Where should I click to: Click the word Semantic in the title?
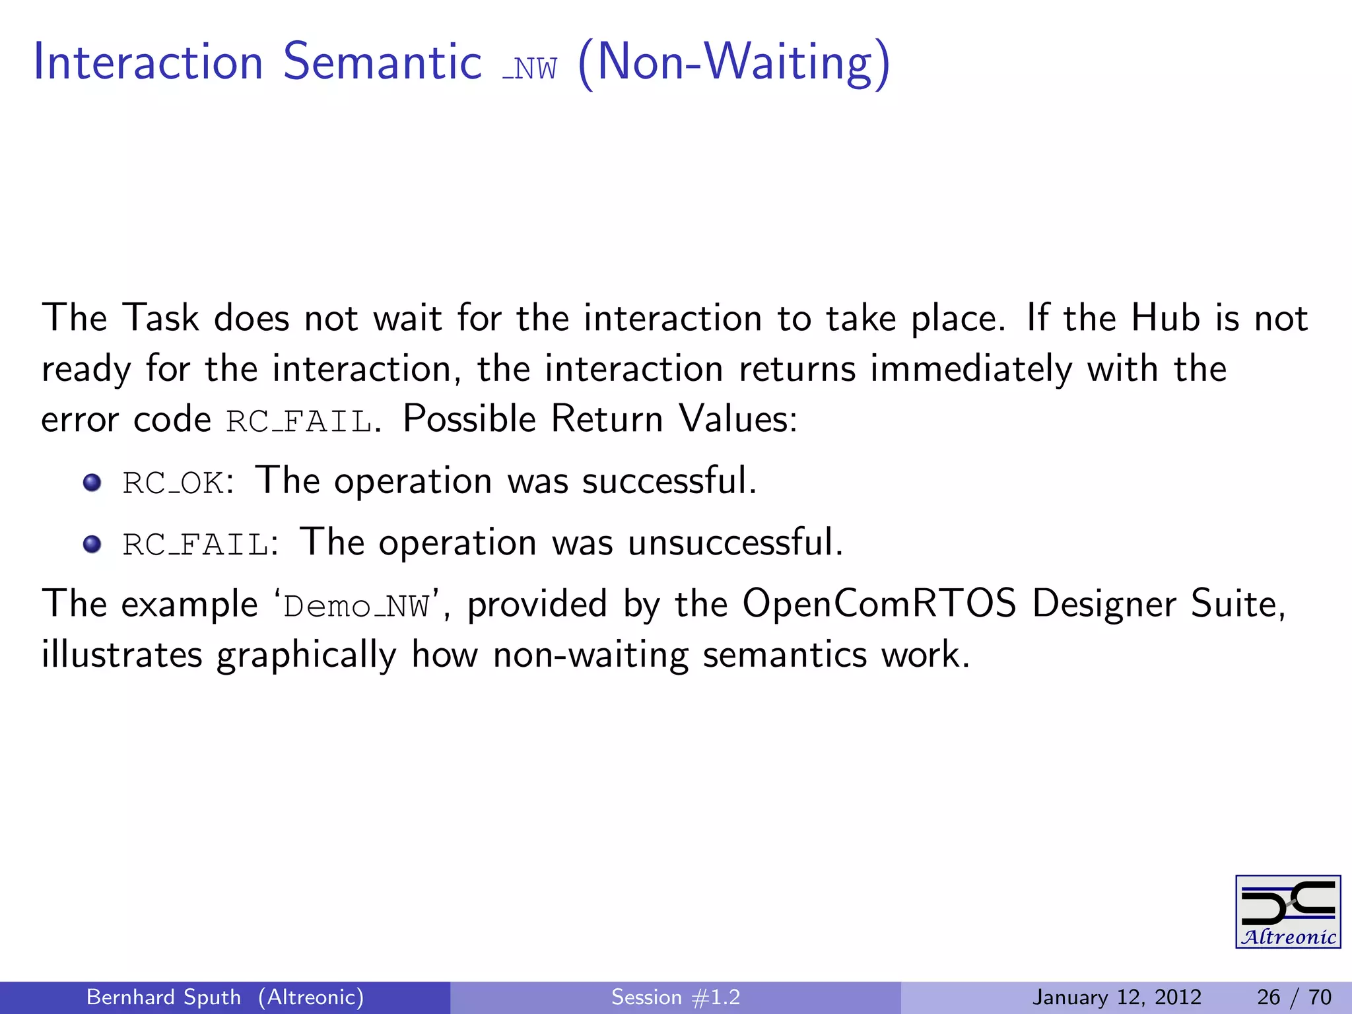382,62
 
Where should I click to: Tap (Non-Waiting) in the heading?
733,63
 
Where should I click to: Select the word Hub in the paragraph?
1165,318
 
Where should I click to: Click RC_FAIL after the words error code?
299,422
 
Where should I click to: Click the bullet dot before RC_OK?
92,483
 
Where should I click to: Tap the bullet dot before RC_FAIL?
92,545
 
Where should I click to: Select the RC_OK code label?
174,483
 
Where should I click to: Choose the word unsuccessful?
733,543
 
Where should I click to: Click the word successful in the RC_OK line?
667,481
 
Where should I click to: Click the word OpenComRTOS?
879,604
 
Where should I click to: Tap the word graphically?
306,656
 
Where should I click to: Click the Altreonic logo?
1287,912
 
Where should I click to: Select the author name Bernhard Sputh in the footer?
164,997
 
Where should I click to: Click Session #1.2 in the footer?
675,997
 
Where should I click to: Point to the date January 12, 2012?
1116,997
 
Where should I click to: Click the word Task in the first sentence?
160,318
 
